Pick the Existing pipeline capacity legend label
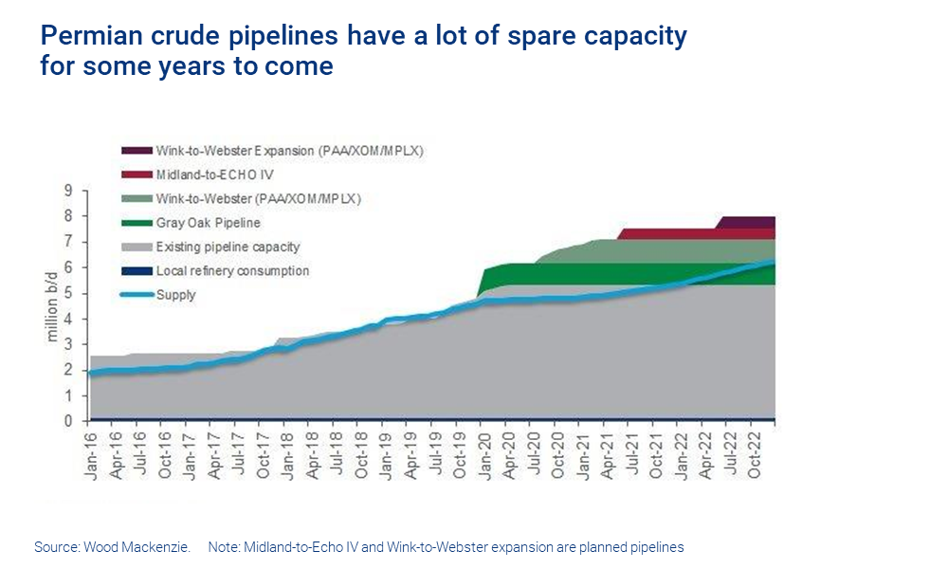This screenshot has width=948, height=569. [x=228, y=247]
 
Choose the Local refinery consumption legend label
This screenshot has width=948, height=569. [x=232, y=271]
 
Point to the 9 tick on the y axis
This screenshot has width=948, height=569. [x=67, y=191]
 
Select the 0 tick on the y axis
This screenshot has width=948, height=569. [x=67, y=421]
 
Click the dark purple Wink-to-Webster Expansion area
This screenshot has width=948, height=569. [x=749, y=223]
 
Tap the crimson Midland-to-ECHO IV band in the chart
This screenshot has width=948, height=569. [x=664, y=234]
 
